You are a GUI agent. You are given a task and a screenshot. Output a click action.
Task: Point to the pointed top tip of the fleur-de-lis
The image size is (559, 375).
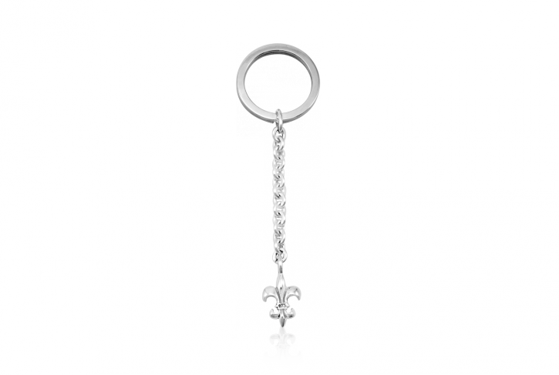coord(280,276)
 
